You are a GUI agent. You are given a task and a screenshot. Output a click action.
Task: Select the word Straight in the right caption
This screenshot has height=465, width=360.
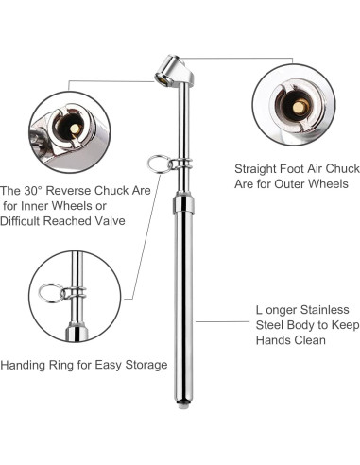(x=255, y=169)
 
